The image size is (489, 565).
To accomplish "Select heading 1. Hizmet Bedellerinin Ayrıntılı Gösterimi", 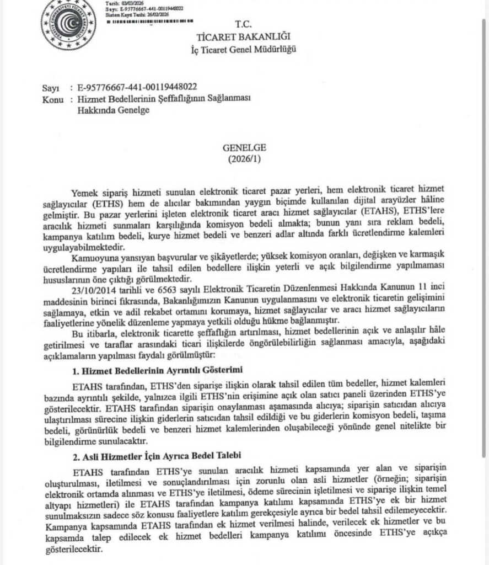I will click(x=159, y=369).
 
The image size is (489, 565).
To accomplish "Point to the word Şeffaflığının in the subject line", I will click(x=179, y=99).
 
